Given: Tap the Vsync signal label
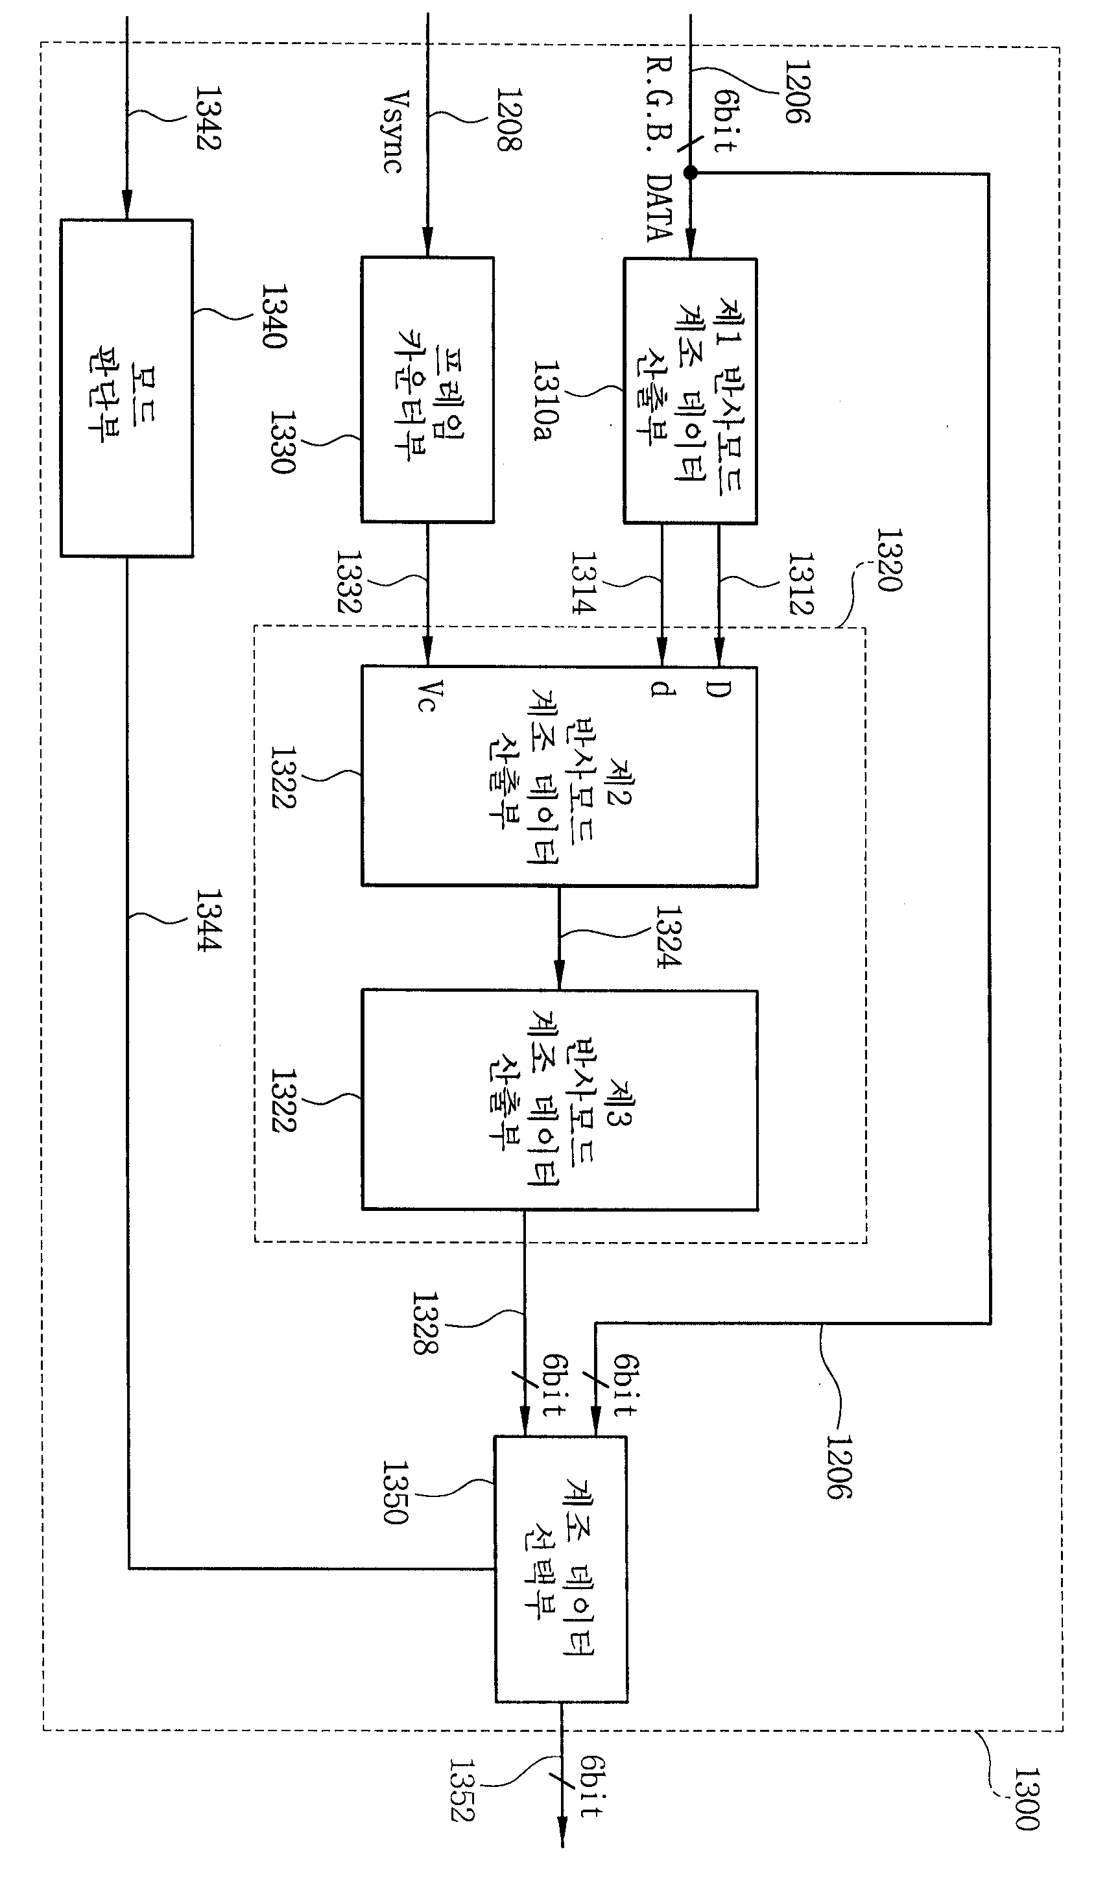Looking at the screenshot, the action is click(396, 132).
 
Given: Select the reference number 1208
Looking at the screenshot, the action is click(508, 119).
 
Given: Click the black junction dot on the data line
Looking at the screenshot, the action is click(691, 173).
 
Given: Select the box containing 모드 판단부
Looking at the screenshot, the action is click(127, 388).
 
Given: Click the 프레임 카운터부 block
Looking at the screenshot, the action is click(428, 390).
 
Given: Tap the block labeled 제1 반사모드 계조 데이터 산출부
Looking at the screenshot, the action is click(691, 391).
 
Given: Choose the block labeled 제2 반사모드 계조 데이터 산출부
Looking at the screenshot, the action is click(559, 776).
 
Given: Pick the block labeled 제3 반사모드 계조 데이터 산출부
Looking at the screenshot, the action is click(560, 1100).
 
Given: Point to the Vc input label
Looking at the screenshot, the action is click(428, 695).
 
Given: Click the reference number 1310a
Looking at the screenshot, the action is click(546, 401).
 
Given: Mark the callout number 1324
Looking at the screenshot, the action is click(668, 937).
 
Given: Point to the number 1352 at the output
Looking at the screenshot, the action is click(462, 1790).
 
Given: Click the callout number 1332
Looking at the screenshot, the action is click(348, 582).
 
